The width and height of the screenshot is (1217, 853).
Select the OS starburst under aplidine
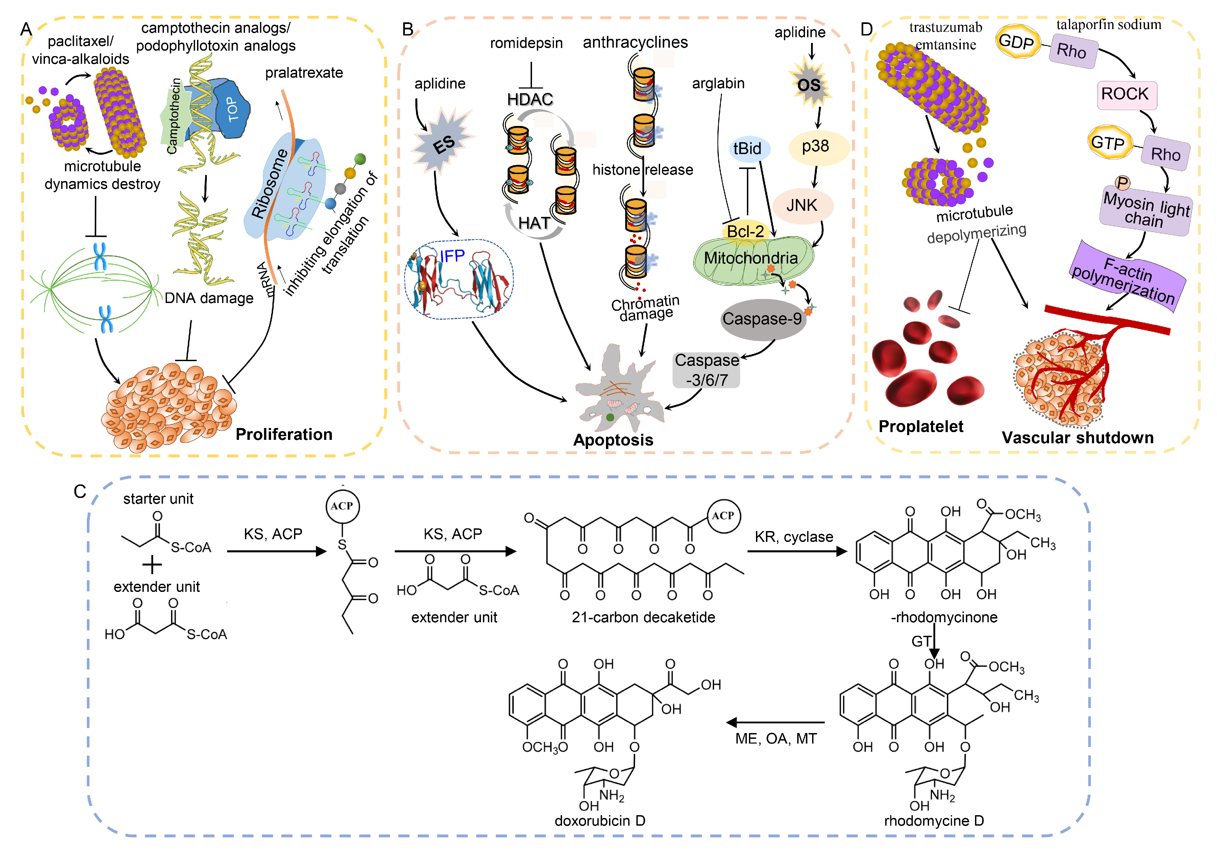809,85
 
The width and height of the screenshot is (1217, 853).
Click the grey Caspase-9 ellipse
762,319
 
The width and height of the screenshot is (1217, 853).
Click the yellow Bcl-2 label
745,231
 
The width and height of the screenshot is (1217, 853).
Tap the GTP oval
1108,143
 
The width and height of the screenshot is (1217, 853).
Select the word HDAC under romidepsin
530,99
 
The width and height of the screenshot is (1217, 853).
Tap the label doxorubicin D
600,821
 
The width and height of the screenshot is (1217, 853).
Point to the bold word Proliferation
284,434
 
